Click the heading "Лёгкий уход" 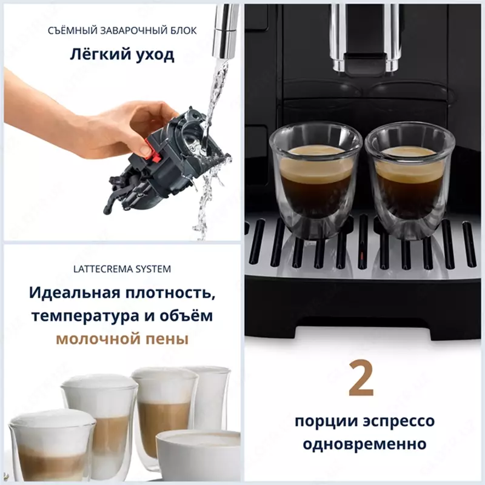click(121, 55)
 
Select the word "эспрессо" click(398, 421)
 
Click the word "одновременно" click(363, 443)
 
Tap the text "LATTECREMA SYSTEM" click(122, 268)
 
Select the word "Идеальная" click(64, 293)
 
